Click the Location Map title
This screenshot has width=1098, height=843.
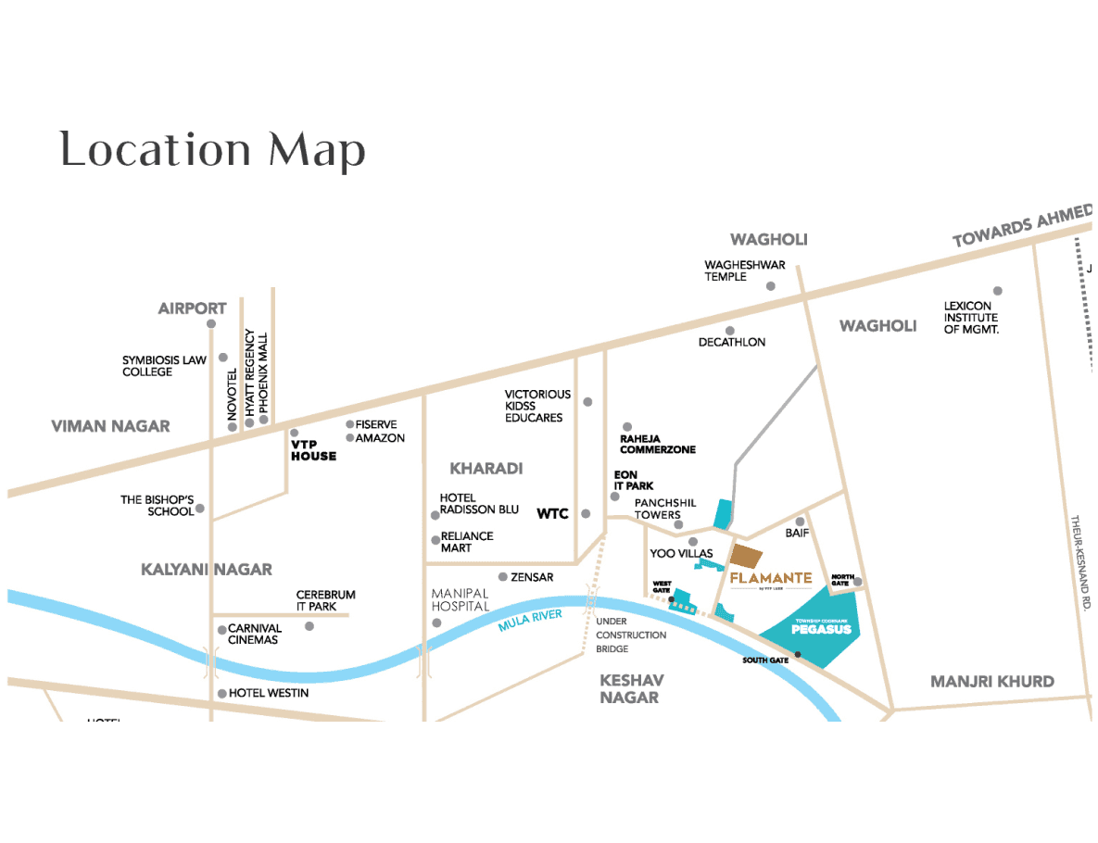click(212, 150)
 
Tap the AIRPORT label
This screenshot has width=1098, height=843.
click(192, 308)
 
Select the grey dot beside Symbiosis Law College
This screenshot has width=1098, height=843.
click(222, 358)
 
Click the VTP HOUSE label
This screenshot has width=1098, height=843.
click(313, 450)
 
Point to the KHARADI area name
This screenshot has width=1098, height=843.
click(486, 468)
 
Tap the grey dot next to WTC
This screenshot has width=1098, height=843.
click(586, 513)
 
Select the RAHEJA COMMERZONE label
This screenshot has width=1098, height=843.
click(657, 444)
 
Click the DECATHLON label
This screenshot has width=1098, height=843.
click(732, 342)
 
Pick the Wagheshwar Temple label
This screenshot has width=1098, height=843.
click(744, 271)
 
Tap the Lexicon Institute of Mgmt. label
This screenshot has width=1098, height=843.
click(972, 317)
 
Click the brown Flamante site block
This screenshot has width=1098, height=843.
click(746, 557)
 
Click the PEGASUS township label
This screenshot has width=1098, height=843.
click(815, 629)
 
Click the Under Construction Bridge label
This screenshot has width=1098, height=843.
click(630, 635)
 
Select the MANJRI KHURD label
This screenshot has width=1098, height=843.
click(991, 681)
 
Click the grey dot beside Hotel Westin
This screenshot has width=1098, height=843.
click(222, 693)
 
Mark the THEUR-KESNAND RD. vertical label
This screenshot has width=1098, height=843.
click(1079, 560)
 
